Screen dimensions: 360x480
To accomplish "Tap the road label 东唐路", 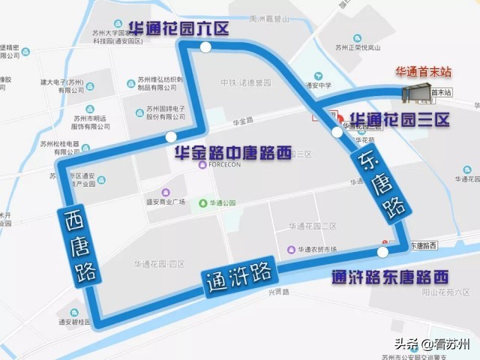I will click(x=380, y=187).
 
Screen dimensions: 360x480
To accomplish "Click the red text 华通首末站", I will click(x=424, y=72).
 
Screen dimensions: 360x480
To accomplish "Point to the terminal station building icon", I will click(x=417, y=93).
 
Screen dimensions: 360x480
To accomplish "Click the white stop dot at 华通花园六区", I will click(x=205, y=47).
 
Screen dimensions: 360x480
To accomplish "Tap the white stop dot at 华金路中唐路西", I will click(x=172, y=137).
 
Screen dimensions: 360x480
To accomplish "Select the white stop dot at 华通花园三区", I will click(x=335, y=133).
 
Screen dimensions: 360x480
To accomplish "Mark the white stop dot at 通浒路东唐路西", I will click(x=383, y=252).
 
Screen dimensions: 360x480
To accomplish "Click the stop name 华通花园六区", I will click(x=178, y=28).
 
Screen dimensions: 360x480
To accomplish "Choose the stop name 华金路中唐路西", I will click(x=232, y=153).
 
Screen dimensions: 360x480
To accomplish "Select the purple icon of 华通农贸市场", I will click(x=291, y=249).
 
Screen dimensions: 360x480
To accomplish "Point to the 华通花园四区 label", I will click(x=159, y=263).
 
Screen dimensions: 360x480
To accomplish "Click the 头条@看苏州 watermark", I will click(x=434, y=343).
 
